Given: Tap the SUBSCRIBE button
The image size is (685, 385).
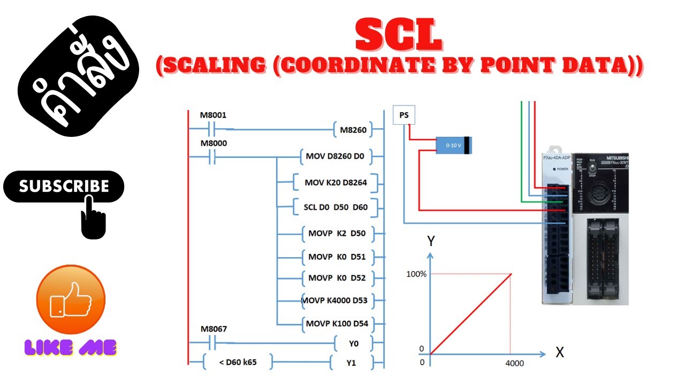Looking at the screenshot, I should (64, 186).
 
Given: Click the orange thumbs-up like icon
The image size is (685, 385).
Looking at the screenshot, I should (71, 299).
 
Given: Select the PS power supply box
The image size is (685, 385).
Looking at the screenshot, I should (404, 115).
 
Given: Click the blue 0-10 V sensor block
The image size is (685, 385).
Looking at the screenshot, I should (454, 145).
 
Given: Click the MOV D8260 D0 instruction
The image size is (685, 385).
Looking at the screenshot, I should (335, 156).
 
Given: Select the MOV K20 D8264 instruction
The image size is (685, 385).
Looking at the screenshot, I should (336, 182).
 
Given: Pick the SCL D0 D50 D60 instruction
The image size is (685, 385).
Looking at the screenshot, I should (332, 207).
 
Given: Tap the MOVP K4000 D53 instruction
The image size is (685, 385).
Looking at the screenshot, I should (335, 300).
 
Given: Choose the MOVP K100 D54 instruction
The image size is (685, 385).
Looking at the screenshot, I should (337, 324).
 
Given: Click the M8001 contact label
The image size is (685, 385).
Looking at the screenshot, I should (213, 115).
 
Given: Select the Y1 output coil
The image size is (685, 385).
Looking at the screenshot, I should (351, 363).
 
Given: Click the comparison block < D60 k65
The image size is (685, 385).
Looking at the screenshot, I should (238, 363).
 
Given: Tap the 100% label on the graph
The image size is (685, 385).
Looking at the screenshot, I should (416, 274).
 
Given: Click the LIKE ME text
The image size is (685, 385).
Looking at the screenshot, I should (71, 348).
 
